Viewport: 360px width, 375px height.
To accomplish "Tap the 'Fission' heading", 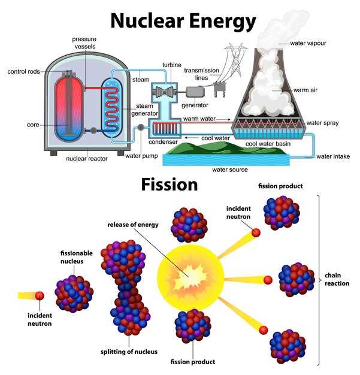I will pyautogui.click(x=170, y=184).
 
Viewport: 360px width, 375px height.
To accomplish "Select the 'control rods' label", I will pyautogui.click(x=24, y=72).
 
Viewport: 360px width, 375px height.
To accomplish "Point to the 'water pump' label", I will pyautogui.click(x=141, y=156).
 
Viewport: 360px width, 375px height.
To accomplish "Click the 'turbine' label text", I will pyautogui.click(x=171, y=65).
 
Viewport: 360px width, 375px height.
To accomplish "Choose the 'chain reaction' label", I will pyautogui.click(x=337, y=279).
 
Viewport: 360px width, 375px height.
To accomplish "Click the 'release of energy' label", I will pyautogui.click(x=133, y=225).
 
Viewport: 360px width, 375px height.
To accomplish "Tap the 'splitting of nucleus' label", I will pyautogui.click(x=129, y=352).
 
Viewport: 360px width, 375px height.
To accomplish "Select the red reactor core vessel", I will pyautogui.click(x=70, y=108).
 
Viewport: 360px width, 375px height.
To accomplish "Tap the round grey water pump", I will pyautogui.click(x=140, y=127).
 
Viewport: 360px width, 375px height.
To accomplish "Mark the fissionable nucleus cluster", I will pyautogui.click(x=75, y=292).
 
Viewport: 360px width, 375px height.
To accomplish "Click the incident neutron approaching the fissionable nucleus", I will pyautogui.click(x=40, y=295).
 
